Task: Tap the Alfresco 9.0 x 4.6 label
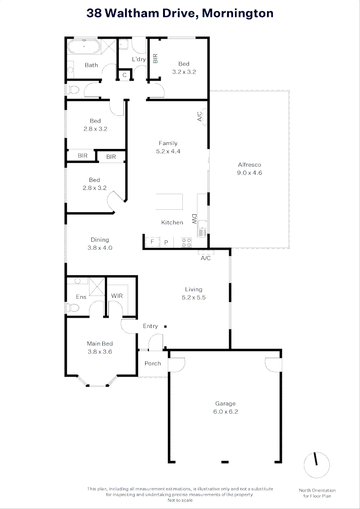(x=249, y=169)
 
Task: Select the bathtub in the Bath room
(x=83, y=47)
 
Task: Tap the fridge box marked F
(x=152, y=242)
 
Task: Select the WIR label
(x=117, y=296)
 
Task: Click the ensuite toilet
(x=71, y=308)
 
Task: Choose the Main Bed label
(x=99, y=347)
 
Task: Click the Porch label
(x=153, y=363)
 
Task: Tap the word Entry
(x=150, y=326)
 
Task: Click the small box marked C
(x=125, y=75)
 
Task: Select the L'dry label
(x=139, y=59)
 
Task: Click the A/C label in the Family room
(x=199, y=116)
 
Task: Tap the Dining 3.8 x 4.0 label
(x=100, y=244)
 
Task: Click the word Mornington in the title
(x=238, y=14)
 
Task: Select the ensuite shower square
(x=97, y=286)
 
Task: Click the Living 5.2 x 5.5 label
(x=193, y=293)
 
